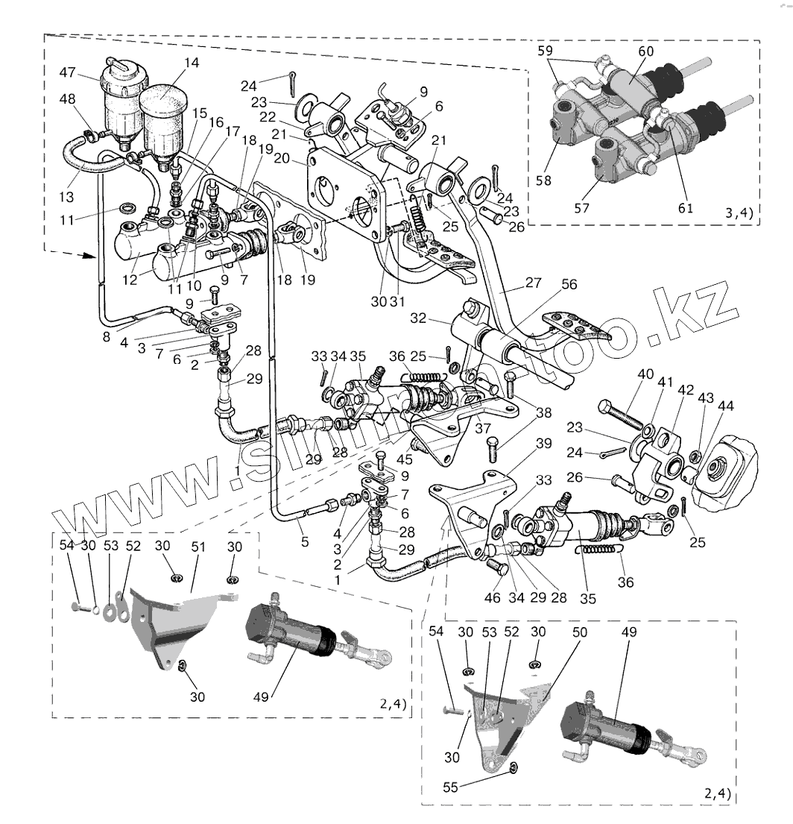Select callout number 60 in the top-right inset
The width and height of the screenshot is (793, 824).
click(645, 51)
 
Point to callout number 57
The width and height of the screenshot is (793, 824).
click(583, 208)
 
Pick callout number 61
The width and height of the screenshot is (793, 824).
click(685, 208)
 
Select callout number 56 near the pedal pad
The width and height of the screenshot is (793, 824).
click(570, 284)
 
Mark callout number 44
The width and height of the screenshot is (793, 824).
click(725, 406)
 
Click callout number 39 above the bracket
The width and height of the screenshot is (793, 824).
click(543, 444)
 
